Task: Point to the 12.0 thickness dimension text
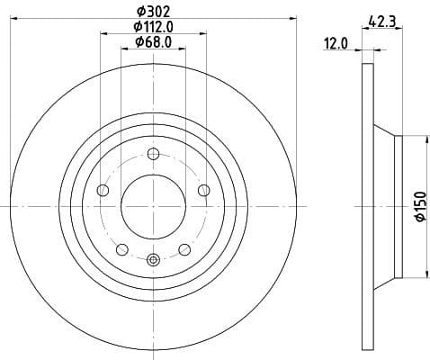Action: click(x=336, y=42)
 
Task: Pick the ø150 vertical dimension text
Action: click(x=419, y=206)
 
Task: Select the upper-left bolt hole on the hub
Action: click(x=102, y=190)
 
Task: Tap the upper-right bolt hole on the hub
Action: click(x=203, y=189)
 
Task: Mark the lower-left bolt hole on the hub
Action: click(x=121, y=249)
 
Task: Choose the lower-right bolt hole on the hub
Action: click(x=184, y=249)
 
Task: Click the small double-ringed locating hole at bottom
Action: click(x=153, y=260)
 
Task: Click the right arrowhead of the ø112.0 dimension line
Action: click(x=204, y=34)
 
